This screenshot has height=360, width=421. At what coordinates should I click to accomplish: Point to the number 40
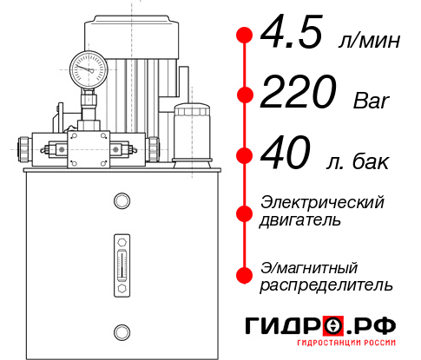pos(286,156)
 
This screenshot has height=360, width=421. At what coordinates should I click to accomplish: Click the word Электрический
pos(322,203)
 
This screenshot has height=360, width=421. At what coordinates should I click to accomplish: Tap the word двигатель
pos(300,220)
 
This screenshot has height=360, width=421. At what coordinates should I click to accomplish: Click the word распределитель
pos(326,285)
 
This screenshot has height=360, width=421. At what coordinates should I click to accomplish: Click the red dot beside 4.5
pos(245,36)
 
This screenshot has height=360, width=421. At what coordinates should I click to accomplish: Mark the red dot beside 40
pos(245,156)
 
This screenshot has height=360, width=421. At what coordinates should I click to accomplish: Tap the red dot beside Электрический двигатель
pos(245,212)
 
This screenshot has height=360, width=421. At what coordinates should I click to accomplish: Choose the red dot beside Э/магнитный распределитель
pos(245,275)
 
